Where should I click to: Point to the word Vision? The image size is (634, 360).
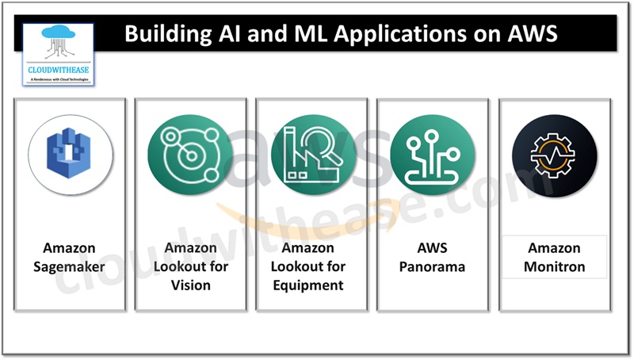(x=190, y=285)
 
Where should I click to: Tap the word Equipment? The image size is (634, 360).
(x=312, y=285)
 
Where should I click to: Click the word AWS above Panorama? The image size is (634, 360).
(x=433, y=248)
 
